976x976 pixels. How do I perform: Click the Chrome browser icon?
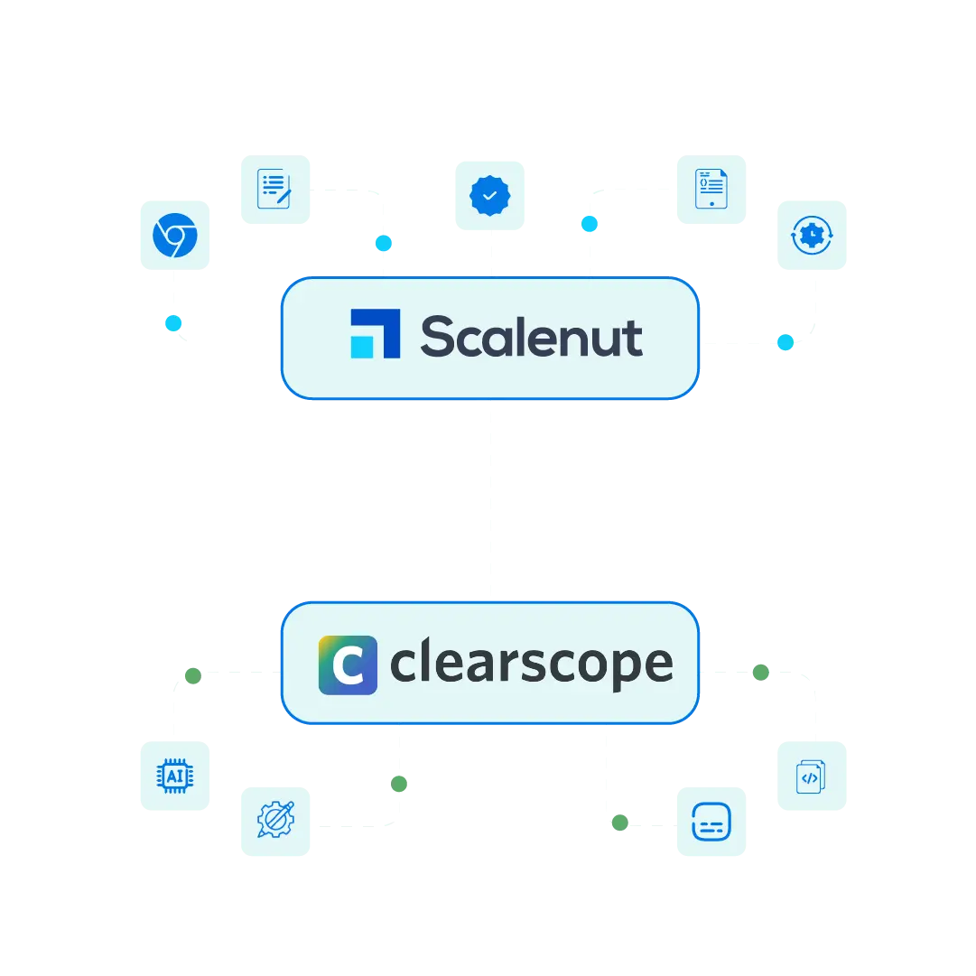click(174, 236)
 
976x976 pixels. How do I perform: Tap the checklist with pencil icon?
click(274, 189)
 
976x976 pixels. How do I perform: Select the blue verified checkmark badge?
click(490, 195)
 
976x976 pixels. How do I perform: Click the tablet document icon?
click(711, 189)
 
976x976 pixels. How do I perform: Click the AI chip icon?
click(174, 776)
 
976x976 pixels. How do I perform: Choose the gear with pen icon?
click(274, 822)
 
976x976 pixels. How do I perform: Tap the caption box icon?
click(711, 822)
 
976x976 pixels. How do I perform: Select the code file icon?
click(810, 776)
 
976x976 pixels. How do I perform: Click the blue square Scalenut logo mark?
click(375, 334)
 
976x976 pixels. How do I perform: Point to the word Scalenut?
click(531, 337)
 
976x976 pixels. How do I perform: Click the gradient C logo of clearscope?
click(348, 665)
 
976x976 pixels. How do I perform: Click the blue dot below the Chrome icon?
click(173, 322)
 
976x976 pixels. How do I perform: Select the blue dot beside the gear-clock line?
click(785, 342)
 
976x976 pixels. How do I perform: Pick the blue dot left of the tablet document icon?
click(589, 223)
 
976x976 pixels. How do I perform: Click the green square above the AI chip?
click(191, 674)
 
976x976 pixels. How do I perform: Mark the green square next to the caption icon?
click(618, 822)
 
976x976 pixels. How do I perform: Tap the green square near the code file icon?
click(761, 672)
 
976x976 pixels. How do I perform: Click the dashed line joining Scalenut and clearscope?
click(488, 501)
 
